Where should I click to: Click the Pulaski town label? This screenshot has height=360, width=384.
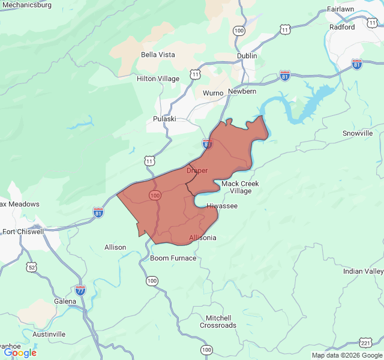(x=164, y=119)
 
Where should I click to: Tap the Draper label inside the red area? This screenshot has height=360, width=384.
(x=197, y=170)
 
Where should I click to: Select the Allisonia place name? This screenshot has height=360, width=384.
(x=203, y=238)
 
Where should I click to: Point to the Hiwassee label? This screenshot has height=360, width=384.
(x=222, y=206)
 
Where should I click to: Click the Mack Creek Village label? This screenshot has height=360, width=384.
(x=241, y=187)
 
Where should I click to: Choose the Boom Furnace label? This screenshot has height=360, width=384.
(x=173, y=258)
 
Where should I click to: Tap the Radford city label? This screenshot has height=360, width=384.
(x=342, y=27)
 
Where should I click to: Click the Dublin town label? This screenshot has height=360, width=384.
(x=247, y=56)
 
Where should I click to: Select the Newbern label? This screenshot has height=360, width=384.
(x=242, y=91)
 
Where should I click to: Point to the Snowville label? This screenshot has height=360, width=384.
(x=358, y=133)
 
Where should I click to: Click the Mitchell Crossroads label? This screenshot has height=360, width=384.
(x=218, y=322)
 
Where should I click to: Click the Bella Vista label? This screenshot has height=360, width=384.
(x=158, y=55)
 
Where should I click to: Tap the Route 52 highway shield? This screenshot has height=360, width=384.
(x=32, y=266)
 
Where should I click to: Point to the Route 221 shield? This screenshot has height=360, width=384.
(x=365, y=343)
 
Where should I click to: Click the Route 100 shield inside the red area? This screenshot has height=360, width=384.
(x=155, y=196)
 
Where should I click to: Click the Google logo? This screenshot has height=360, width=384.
(x=20, y=353)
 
